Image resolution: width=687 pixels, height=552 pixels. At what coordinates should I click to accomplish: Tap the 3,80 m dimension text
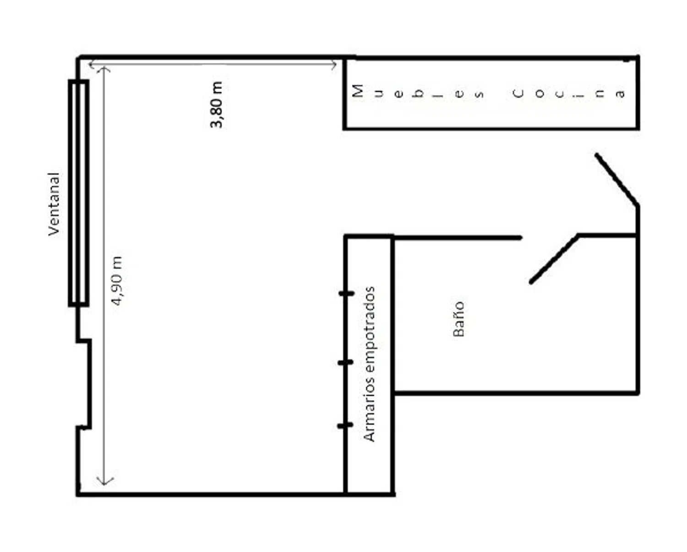coord(217,105)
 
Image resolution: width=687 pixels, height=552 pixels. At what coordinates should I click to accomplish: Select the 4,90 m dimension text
coord(116,281)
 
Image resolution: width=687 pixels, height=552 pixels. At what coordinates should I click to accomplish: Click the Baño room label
coord(459,319)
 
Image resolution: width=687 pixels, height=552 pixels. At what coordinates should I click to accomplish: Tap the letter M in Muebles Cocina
coord(358,91)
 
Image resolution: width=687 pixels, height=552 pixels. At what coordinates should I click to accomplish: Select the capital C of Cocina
coord(518,93)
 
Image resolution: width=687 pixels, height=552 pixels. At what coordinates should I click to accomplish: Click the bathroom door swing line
coord(554,259)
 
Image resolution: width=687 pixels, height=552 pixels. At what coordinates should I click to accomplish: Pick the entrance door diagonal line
coord(616,180)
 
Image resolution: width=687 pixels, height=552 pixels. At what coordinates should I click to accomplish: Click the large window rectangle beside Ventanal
coord(78,193)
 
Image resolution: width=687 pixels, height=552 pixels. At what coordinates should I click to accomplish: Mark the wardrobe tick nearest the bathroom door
coord(346,293)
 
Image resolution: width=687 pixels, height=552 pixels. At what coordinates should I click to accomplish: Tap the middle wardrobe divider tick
coord(346,362)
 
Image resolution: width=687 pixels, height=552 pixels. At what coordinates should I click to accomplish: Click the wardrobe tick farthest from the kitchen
coord(345,425)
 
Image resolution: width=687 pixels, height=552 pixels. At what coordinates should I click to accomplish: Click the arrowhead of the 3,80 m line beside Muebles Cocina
coord(333,65)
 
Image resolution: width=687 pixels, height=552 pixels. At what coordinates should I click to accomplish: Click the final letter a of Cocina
coord(620,94)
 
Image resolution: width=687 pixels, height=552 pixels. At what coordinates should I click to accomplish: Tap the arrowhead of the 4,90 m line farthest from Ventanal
coord(105,482)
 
